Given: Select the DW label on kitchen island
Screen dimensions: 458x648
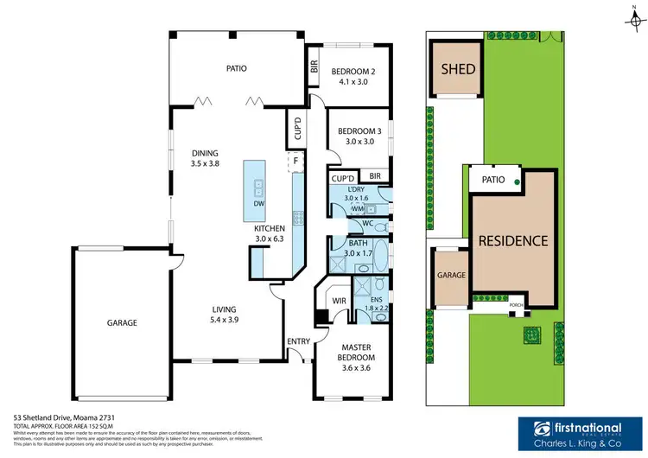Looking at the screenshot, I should click(258, 204).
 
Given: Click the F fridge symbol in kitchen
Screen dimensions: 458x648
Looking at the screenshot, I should click(295, 161).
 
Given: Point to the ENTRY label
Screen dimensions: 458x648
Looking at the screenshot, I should click(298, 341).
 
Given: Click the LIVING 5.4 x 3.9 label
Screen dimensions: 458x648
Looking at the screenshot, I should click(225, 315).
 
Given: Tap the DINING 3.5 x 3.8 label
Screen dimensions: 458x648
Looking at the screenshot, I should click(206, 159).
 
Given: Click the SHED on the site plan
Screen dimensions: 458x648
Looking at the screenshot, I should click(458, 68).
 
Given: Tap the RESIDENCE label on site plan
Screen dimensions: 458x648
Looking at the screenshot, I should click(513, 241).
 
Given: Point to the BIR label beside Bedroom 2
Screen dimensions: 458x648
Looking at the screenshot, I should click(314, 67).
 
